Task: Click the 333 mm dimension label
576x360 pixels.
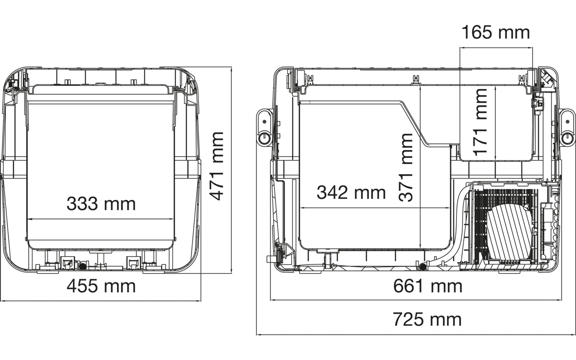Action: [101, 204]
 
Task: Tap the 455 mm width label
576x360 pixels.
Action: [101, 286]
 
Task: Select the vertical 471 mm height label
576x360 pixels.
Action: [217, 166]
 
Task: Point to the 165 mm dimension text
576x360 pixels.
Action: [496, 32]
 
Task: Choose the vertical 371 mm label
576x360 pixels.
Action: [406, 167]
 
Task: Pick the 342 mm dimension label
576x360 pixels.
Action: [351, 193]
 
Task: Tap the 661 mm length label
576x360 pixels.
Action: [427, 286]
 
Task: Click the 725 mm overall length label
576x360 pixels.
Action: [427, 319]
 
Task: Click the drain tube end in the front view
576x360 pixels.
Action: [82, 266]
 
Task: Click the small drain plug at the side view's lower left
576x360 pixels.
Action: [269, 258]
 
